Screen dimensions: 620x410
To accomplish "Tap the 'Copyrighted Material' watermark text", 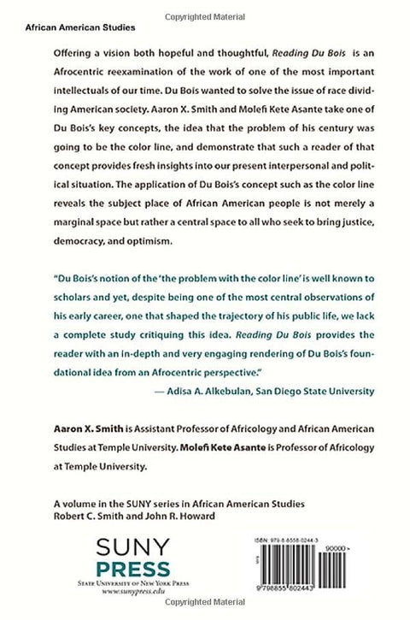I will click(205, 7).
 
